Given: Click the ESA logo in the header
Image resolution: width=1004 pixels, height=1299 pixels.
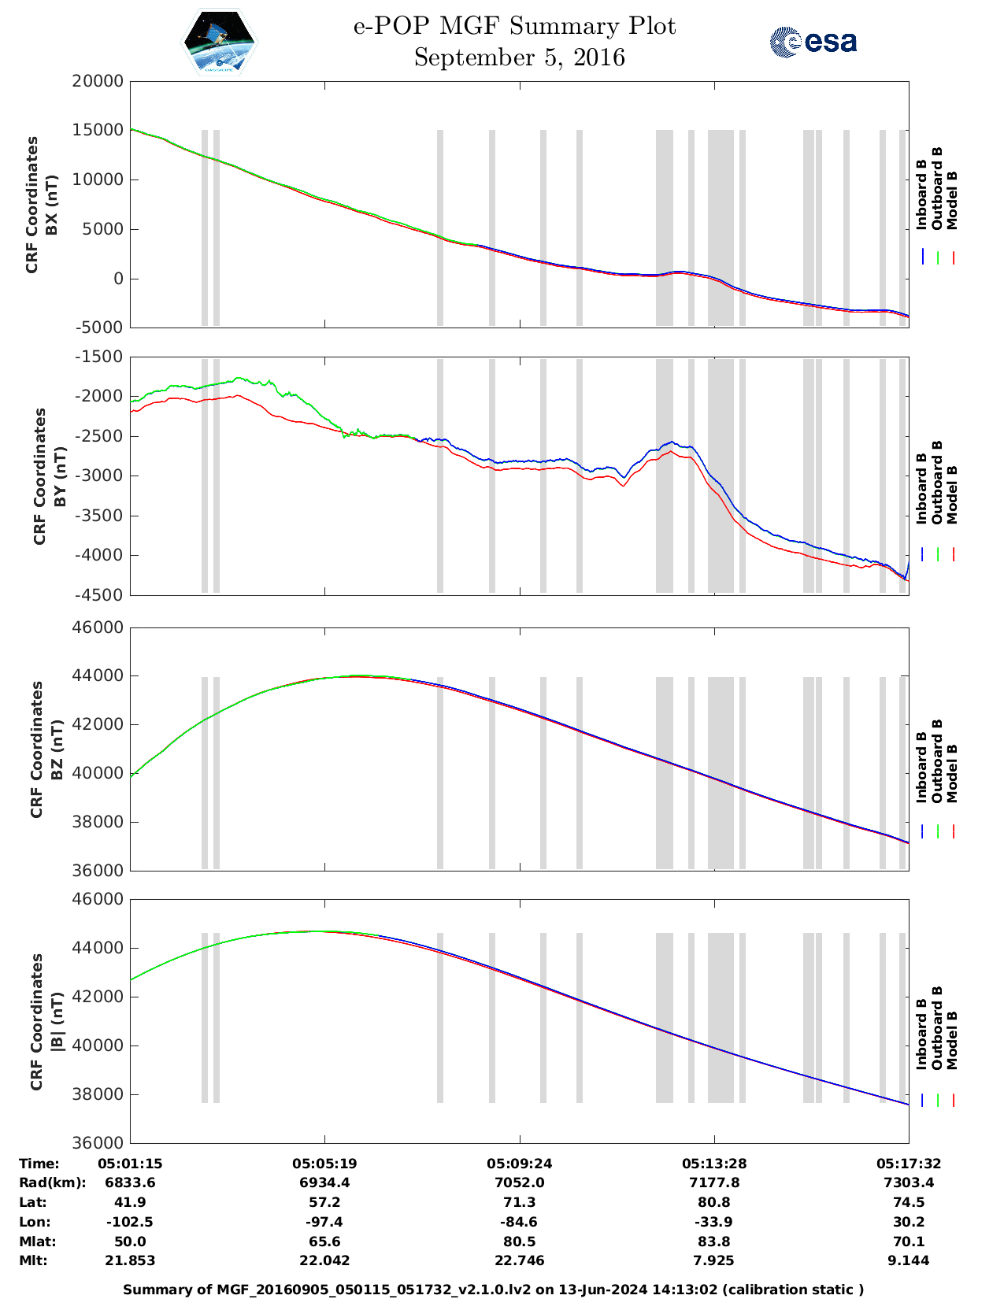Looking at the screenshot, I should click(x=813, y=42).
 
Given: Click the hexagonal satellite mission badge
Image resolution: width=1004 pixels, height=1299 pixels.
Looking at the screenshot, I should click(x=220, y=42).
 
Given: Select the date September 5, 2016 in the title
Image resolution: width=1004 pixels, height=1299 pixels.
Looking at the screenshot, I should click(x=519, y=57).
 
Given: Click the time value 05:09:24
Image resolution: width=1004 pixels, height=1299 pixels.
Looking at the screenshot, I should click(x=519, y=1164).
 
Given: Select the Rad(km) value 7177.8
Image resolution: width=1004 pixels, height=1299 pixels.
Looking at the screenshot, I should click(x=713, y=1182).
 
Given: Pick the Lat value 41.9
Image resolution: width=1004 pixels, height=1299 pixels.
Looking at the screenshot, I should click(x=130, y=1202).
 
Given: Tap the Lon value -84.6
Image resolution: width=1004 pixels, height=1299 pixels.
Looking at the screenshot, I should click(x=519, y=1222).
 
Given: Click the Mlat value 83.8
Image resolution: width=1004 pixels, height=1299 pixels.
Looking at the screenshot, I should click(x=713, y=1242).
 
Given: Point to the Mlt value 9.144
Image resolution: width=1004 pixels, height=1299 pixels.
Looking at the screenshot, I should click(x=909, y=1260).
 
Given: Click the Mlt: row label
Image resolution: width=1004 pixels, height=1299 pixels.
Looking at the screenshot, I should click(x=33, y=1260).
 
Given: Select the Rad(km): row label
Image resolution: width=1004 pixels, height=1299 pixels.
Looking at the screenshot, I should click(x=52, y=1182).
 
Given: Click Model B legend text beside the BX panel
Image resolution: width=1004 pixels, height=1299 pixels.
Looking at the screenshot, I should click(x=952, y=200).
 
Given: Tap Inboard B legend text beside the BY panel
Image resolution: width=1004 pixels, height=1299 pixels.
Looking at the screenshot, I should click(x=921, y=489).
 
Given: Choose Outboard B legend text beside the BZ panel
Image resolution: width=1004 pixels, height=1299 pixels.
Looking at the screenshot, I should click(x=936, y=761).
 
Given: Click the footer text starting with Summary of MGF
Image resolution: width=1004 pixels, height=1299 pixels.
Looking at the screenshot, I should click(x=494, y=1290).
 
